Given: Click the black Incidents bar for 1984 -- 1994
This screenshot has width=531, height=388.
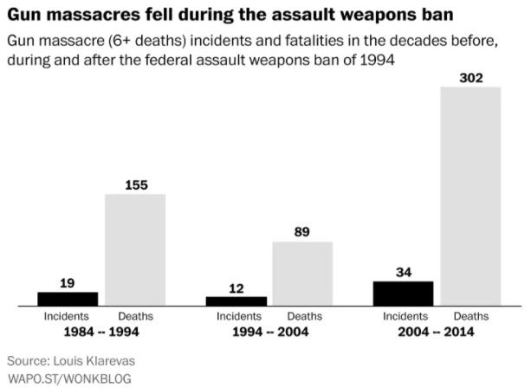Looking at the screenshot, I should click(68, 299).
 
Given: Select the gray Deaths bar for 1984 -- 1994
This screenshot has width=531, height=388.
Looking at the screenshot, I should click(135, 250).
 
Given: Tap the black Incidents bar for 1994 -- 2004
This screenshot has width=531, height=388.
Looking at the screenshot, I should click(236, 301).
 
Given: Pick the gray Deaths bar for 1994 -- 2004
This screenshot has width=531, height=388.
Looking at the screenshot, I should click(302, 274).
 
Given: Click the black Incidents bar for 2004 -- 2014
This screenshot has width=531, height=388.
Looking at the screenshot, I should click(403, 294).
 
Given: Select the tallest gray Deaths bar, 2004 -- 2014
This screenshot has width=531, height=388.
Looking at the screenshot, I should click(470, 197).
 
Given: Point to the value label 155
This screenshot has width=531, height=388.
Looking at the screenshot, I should click(135, 185).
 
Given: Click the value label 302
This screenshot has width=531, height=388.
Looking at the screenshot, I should click(470, 78).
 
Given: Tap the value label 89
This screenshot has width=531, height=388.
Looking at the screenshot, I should click(302, 232).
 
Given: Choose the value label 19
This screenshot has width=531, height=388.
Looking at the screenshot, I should click(68, 282).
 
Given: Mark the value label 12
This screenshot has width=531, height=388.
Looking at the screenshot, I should click(236, 288).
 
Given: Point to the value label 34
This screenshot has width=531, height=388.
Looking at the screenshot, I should click(403, 272).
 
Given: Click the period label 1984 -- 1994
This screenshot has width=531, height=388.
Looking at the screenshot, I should click(101, 332).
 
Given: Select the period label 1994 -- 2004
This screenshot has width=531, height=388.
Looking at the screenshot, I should click(269, 332).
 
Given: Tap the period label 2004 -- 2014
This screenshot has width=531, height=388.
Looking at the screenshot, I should click(437, 332).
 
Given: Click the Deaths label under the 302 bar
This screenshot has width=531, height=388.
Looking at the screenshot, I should click(470, 317).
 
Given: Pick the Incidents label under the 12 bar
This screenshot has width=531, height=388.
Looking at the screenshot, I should click(236, 317).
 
